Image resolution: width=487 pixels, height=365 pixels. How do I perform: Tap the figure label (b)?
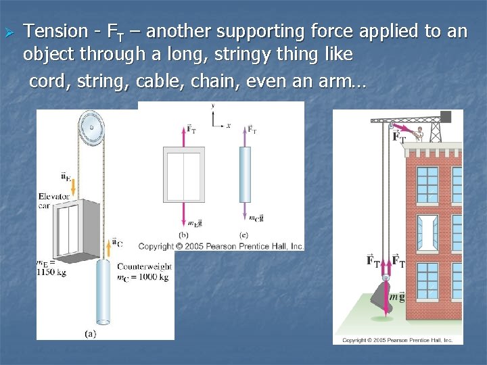click(183, 235)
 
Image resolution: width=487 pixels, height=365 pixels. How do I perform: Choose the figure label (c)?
click(244, 235)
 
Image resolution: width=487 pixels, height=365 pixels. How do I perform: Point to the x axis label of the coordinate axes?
click(229, 125)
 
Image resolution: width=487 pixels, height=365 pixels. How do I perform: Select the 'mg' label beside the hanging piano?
click(396, 295)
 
